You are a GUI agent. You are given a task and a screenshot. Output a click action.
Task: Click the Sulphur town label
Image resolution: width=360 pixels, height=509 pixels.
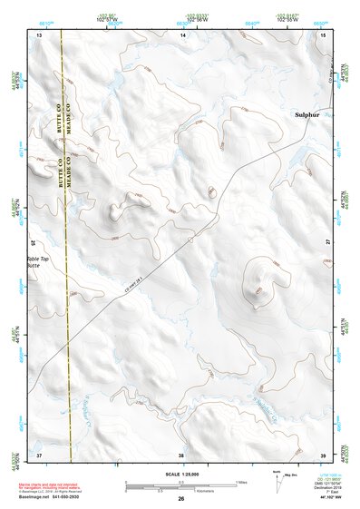tap(308, 115)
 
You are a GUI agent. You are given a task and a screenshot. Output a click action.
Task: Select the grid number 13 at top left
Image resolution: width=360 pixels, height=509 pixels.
tap(39, 34)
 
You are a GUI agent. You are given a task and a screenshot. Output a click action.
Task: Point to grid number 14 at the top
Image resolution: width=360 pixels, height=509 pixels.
tap(182, 34)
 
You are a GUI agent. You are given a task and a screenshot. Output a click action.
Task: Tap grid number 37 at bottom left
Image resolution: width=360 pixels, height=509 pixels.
tap(39, 454)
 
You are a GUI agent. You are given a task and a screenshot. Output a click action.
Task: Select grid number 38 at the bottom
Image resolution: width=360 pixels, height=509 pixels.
tap(181, 454)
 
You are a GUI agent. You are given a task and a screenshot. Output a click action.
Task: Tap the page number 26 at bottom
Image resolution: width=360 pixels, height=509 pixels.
tap(181, 499)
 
